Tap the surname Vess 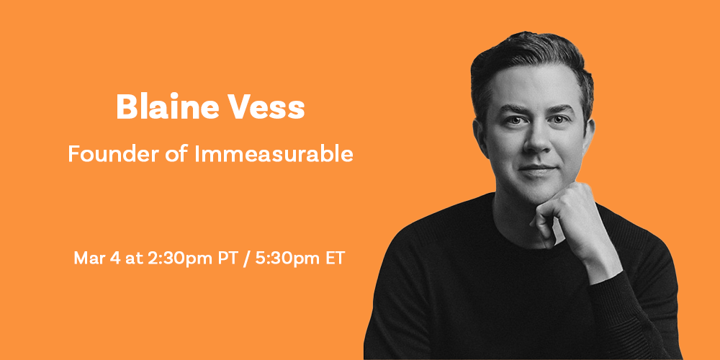click(267, 107)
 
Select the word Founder click(114, 154)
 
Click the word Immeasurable click(274, 154)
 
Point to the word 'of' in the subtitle click(177, 154)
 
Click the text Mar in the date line click(87, 258)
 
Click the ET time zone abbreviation click(334, 258)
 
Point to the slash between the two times click(246, 258)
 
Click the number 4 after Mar click(112, 258)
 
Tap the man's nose click(536, 140)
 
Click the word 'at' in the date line click(132, 258)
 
